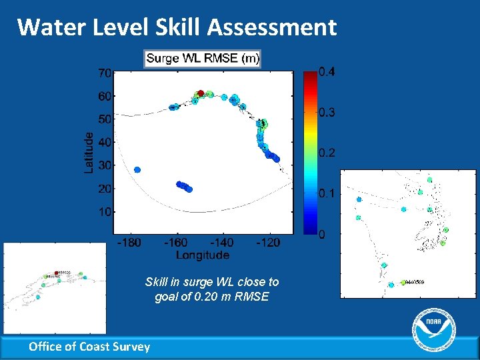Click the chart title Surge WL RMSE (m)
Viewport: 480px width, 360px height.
tap(203, 59)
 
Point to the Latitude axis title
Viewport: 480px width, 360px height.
tap(89, 152)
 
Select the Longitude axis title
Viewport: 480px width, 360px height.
tap(203, 255)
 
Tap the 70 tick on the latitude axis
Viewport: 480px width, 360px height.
tap(105, 72)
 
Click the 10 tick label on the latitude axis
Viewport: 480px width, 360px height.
tap(105, 211)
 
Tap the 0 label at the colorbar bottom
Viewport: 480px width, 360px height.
tap(321, 235)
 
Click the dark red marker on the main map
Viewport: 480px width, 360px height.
tap(200, 94)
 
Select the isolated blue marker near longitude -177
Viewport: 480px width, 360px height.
tap(137, 170)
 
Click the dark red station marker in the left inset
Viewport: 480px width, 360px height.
tap(56, 273)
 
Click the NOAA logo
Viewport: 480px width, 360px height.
tap(434, 330)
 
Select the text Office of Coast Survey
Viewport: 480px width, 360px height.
tap(89, 346)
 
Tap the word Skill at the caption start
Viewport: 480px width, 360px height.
tap(157, 282)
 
